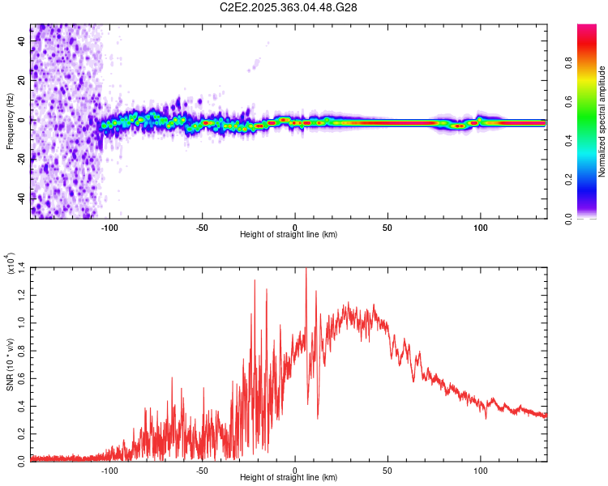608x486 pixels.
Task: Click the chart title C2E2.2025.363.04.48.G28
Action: (289, 7)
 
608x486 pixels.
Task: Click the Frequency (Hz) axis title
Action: (11, 120)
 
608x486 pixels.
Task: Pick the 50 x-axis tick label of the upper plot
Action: (387, 228)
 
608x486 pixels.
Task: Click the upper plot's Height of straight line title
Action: (289, 235)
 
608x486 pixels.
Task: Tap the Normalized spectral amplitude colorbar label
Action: (602, 122)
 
